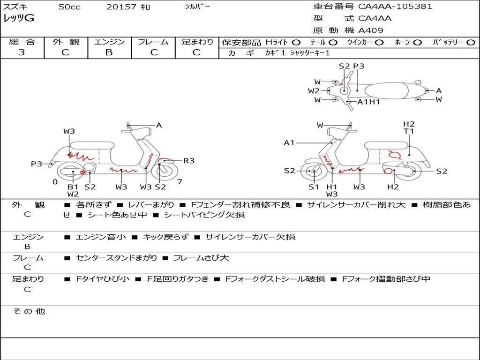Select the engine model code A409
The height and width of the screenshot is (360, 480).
click(371, 30)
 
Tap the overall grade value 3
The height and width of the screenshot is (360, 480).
click(22, 52)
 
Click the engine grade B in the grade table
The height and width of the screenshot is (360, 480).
click(109, 52)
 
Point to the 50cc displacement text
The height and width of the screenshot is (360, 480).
click(69, 7)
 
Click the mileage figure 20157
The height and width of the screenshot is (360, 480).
click(121, 7)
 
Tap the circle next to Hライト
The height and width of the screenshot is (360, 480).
click(296, 42)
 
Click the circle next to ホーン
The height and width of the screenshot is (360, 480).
click(417, 42)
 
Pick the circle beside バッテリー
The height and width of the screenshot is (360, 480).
click(471, 42)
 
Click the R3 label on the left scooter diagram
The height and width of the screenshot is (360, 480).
click(188, 161)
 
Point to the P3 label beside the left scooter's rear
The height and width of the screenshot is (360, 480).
click(37, 164)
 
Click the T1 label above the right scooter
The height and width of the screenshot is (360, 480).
click(409, 131)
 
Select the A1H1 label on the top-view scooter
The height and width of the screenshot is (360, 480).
click(368, 102)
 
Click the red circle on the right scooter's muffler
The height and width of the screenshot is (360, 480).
click(388, 172)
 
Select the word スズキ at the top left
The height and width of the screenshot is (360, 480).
click(15, 7)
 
